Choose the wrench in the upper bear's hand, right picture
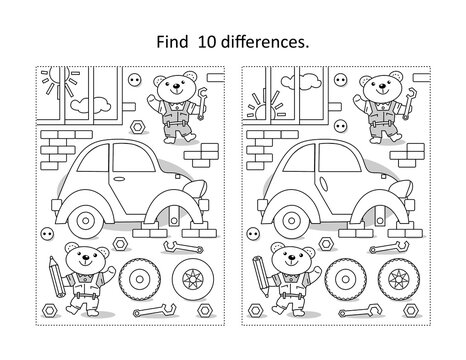[x=412, y=96]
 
